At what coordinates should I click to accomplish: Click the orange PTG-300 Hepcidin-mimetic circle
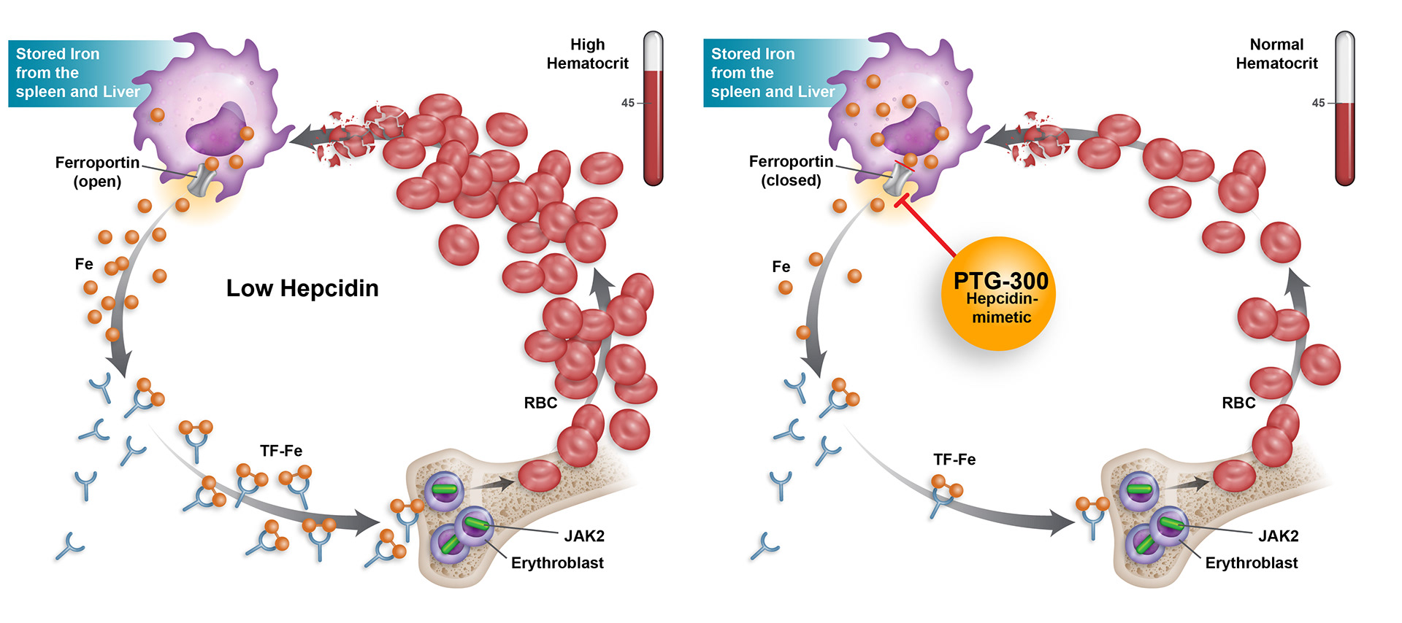[x=998, y=294]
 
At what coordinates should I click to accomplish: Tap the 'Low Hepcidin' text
[x=302, y=288]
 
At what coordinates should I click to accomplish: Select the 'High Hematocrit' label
[x=587, y=54]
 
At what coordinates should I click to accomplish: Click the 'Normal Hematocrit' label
[x=1276, y=54]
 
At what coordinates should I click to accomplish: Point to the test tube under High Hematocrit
[x=653, y=109]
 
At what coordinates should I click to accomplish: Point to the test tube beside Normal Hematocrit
[x=1344, y=109]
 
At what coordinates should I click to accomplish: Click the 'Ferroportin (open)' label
[x=97, y=171]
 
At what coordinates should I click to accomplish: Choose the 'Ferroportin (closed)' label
[x=791, y=171]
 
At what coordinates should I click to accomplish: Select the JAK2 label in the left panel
[x=584, y=536]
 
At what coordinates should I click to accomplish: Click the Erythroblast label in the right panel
[x=1251, y=563]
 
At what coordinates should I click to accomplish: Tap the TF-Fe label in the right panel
[x=954, y=460]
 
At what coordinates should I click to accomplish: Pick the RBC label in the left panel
[x=540, y=403]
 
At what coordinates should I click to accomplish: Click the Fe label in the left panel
[x=84, y=264]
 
